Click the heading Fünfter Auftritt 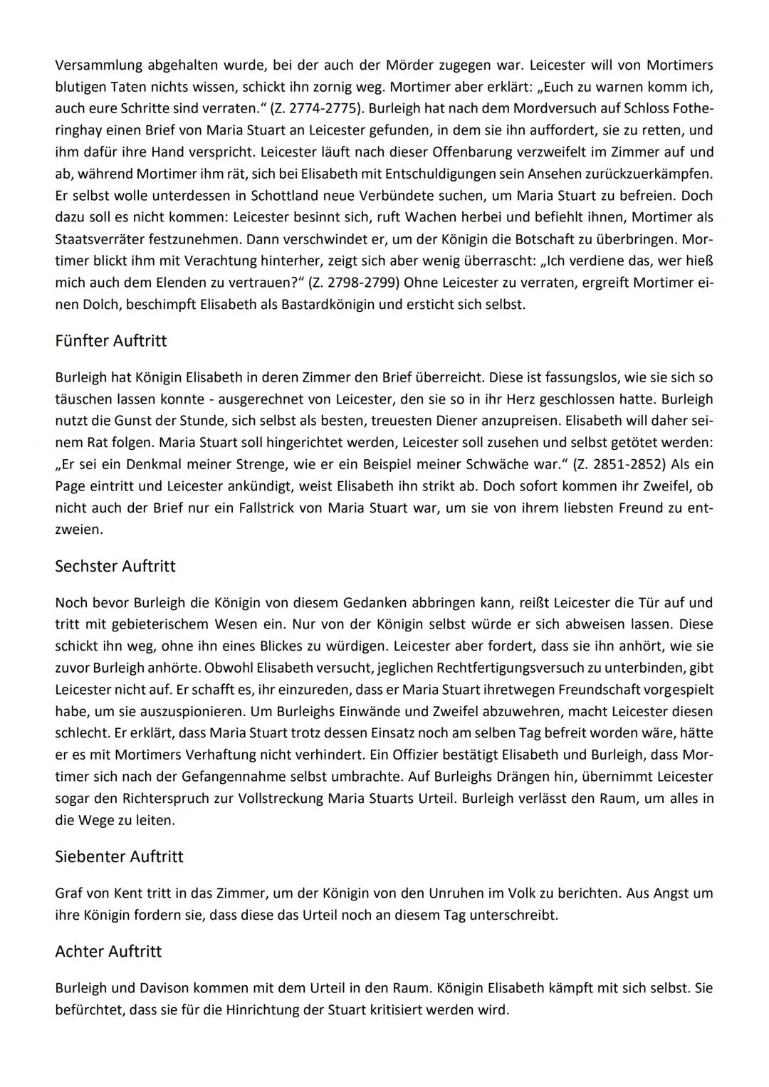pyautogui.click(x=110, y=341)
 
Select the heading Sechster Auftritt pyautogui.click(x=115, y=567)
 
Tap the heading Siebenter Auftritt pyautogui.click(x=119, y=856)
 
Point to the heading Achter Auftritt pyautogui.click(x=108, y=952)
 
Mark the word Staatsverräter pyautogui.click(x=100, y=239)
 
